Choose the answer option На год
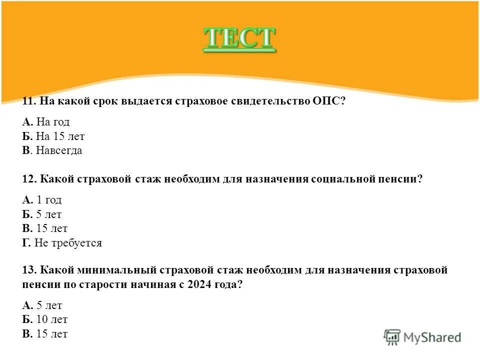coord(52,122)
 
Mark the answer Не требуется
coord(68,243)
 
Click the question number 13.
coord(28,270)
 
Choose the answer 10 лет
coord(52,319)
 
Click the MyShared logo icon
coord(392,337)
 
